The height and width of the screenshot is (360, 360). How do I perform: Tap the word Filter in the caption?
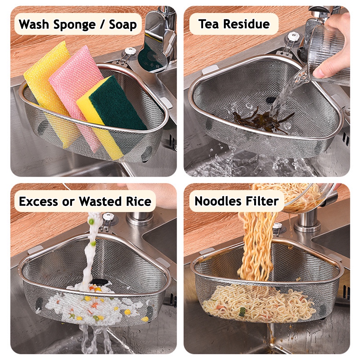click(x=263, y=201)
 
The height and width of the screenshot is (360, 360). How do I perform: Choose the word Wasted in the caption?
click(x=101, y=201)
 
